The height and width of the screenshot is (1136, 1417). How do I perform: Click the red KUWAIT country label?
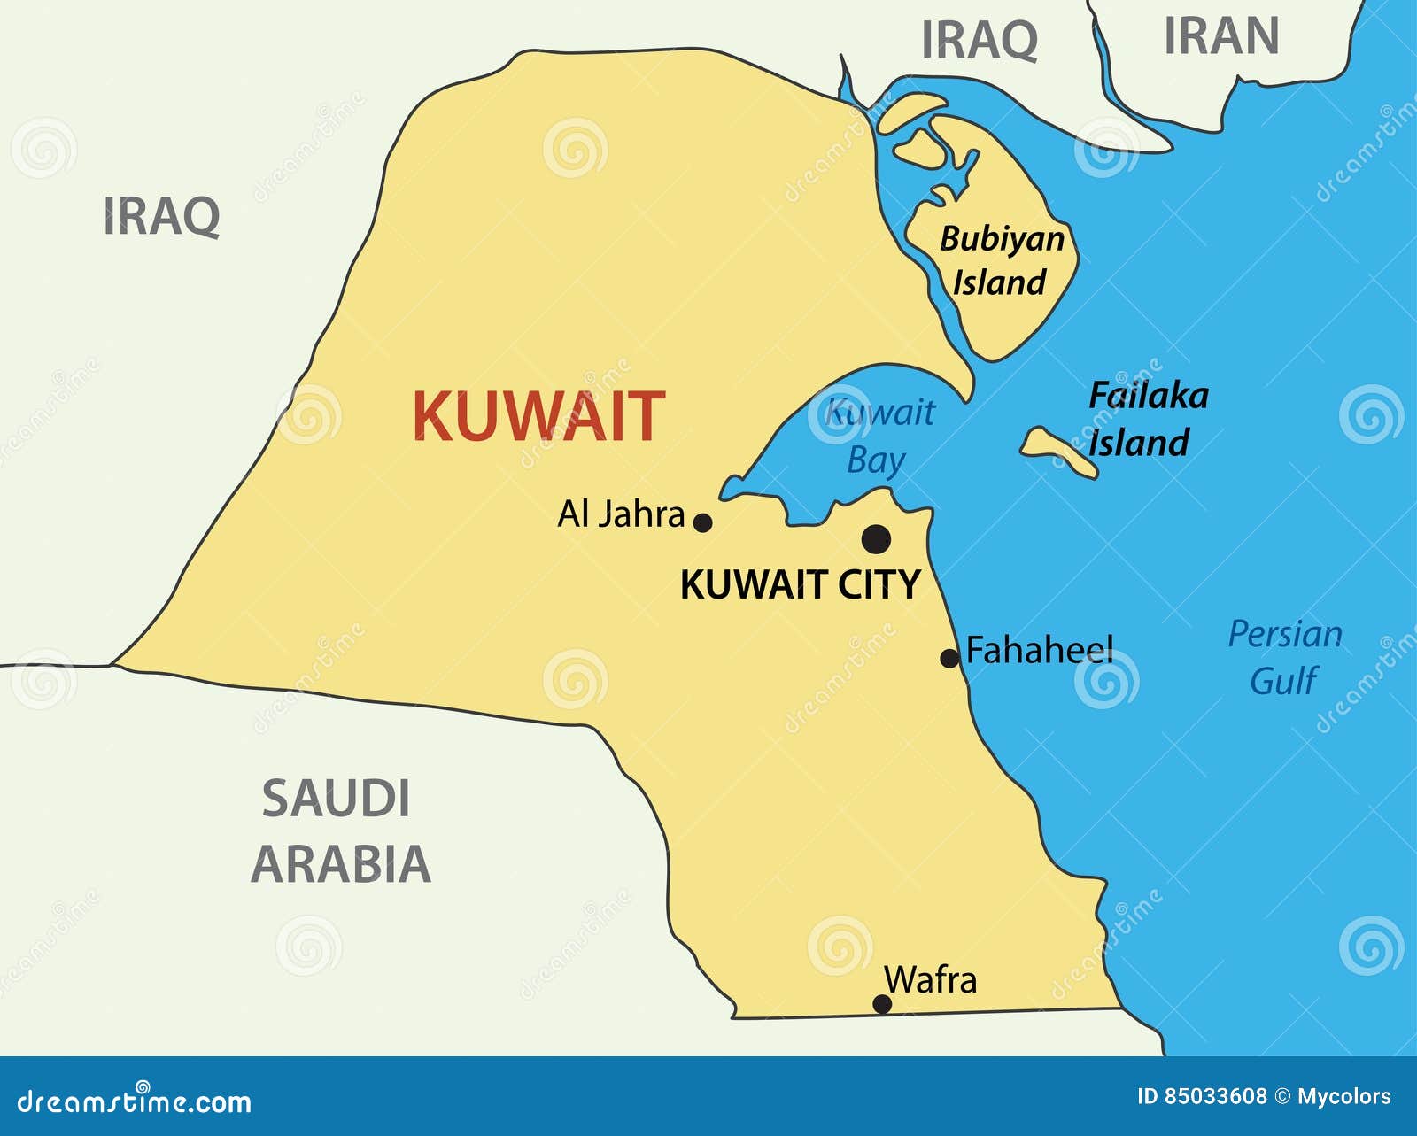coord(538,416)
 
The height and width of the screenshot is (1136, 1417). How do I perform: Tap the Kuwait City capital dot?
coord(876,538)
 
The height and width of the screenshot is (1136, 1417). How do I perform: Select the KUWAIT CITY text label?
coord(801,585)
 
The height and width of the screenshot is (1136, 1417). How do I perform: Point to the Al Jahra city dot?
coord(702,522)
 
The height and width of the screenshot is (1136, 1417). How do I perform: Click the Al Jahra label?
coord(621,514)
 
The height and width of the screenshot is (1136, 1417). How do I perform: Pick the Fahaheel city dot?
coord(949,658)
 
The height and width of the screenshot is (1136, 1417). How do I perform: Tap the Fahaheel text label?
coord(1040,651)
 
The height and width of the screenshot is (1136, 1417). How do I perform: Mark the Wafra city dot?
coord(882,1003)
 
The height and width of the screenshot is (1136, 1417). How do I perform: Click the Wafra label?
coord(931,980)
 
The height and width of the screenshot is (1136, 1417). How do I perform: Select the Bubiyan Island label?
coord(1002,260)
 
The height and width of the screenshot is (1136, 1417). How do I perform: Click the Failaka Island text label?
coord(1148,419)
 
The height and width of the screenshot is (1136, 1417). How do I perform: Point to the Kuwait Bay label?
coord(879,436)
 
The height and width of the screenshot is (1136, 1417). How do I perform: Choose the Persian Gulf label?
coord(1285,657)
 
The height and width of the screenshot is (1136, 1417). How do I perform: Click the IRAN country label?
coord(1221,36)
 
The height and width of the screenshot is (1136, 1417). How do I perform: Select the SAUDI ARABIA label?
coord(341,831)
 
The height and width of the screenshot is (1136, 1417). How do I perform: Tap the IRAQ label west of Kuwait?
coord(161,216)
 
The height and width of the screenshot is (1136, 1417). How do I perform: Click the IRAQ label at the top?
coord(980,40)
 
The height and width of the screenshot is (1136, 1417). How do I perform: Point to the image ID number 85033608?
coord(1214,1096)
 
